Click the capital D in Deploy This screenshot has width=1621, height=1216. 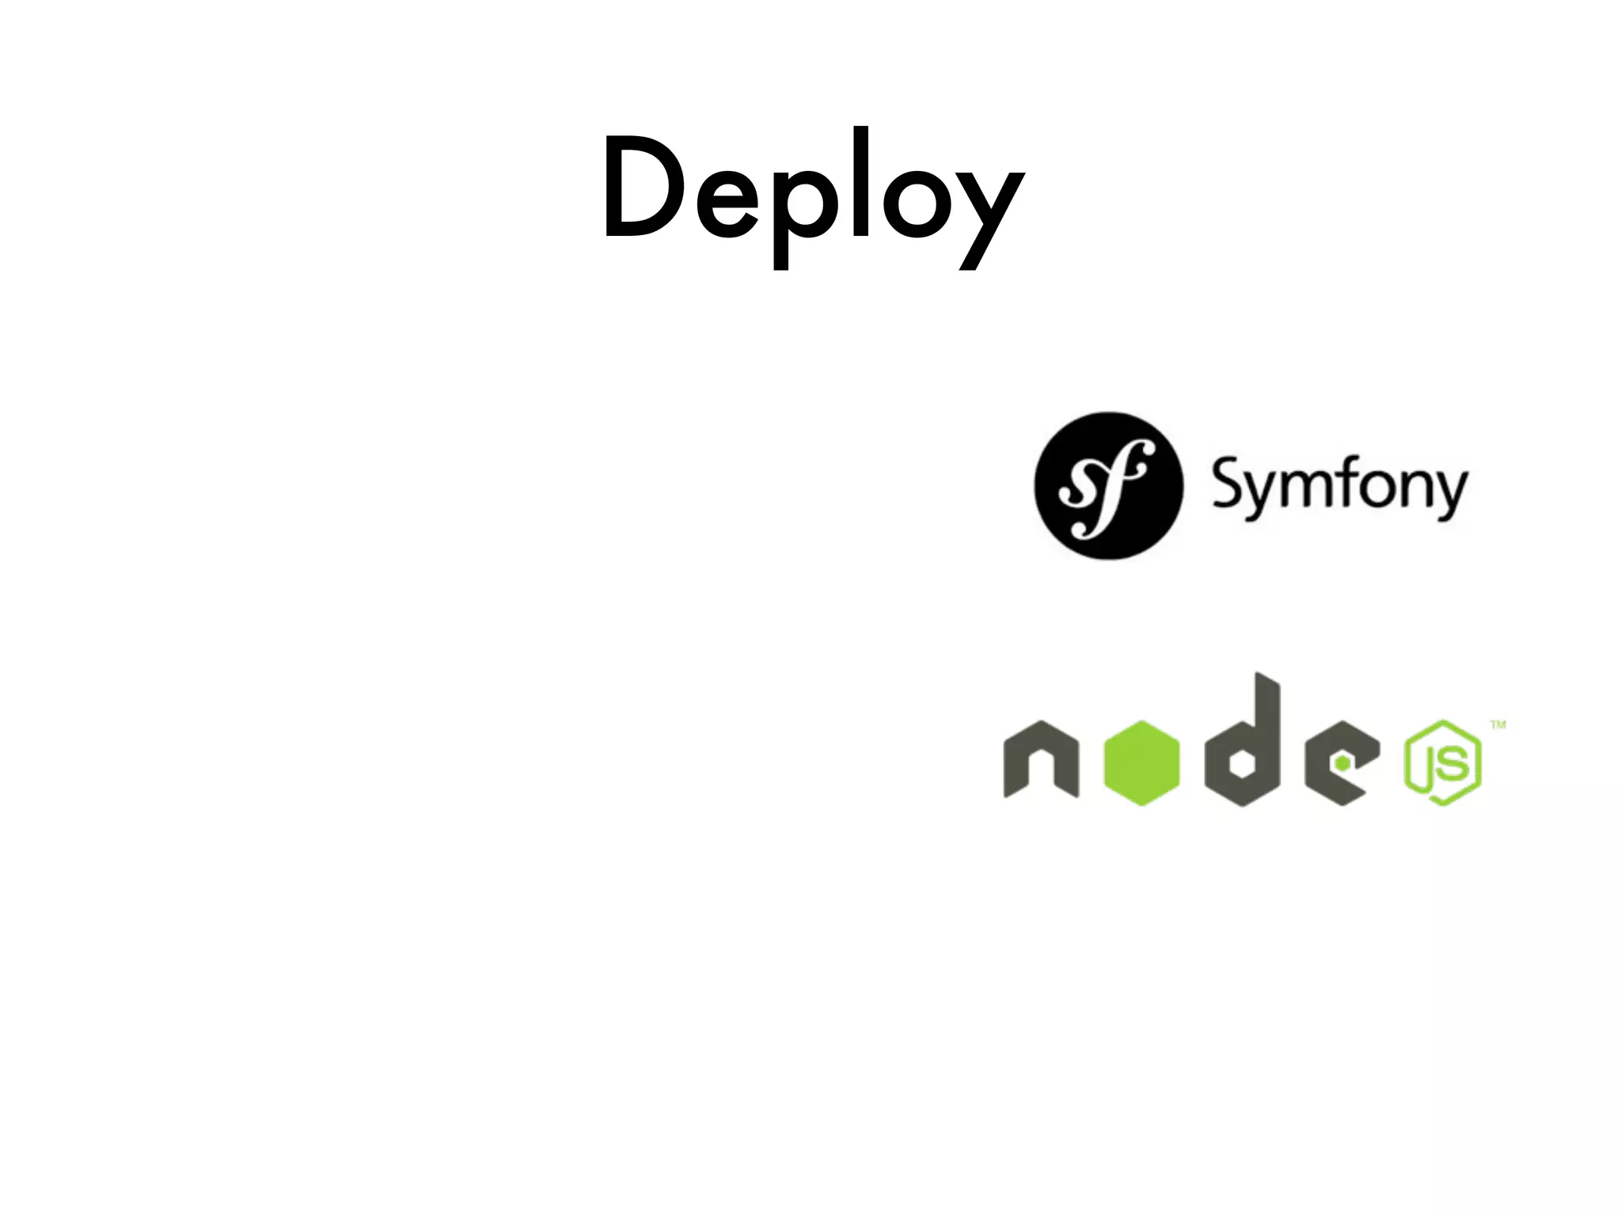[x=643, y=188]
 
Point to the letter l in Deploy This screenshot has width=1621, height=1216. [x=860, y=182]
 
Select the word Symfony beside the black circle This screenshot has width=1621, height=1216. [x=1339, y=487]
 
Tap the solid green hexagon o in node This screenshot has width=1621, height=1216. [x=1141, y=763]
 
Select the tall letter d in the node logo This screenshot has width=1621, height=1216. [x=1243, y=744]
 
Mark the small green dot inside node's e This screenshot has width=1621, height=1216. [x=1342, y=762]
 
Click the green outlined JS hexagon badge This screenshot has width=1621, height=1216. [x=1443, y=763]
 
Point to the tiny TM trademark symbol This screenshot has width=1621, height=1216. [x=1498, y=724]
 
